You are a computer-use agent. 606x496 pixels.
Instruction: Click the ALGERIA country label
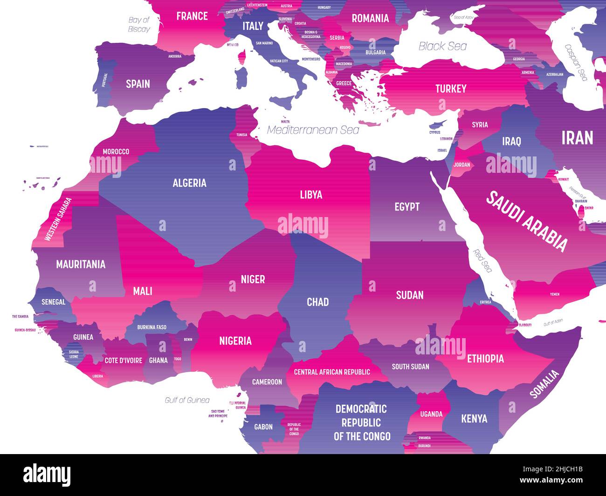[x=189, y=183]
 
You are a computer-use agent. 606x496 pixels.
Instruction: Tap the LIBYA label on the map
[x=311, y=194]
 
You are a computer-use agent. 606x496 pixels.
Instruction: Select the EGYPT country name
[x=407, y=206]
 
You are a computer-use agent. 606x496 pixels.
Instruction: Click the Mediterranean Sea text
[x=313, y=130]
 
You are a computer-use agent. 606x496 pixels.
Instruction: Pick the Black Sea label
[x=442, y=46]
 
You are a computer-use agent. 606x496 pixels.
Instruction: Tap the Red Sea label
[x=483, y=261]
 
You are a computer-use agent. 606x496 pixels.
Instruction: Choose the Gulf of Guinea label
[x=187, y=400]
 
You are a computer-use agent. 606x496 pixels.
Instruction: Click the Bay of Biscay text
[x=139, y=24]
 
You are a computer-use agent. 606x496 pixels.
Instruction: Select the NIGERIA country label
[x=235, y=341]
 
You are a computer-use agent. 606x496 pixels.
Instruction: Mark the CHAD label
[x=317, y=302]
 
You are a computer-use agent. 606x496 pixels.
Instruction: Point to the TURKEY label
[x=451, y=88]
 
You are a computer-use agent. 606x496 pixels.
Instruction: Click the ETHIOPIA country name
[x=485, y=358]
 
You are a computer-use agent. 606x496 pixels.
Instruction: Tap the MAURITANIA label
[x=81, y=265]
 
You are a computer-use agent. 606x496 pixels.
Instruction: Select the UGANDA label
[x=431, y=414]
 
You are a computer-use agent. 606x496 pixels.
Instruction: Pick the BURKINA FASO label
[x=151, y=327]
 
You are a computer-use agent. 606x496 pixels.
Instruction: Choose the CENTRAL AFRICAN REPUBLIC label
[x=332, y=372]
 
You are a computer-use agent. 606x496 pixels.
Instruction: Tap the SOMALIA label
[x=544, y=384]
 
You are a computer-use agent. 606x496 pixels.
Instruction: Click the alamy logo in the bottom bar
[x=47, y=475]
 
